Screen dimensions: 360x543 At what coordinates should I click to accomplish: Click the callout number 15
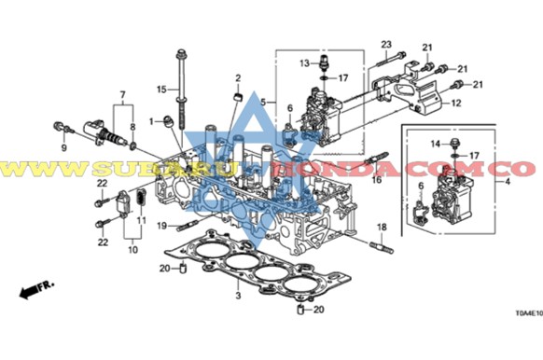tap(160, 90)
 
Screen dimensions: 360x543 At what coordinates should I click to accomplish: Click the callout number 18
tap(382, 227)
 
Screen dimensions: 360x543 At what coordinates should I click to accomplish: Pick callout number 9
tap(64, 148)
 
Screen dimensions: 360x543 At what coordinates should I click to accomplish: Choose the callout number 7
tap(121, 95)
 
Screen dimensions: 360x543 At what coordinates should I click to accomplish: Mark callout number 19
tap(160, 226)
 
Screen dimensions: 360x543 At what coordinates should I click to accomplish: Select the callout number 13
tap(303, 62)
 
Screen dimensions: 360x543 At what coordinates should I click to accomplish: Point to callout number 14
tap(434, 143)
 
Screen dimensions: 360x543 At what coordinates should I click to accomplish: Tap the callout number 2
tap(238, 77)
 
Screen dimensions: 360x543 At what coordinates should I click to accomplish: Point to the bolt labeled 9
tap(62, 125)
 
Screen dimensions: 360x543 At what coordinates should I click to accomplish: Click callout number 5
tap(264, 102)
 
